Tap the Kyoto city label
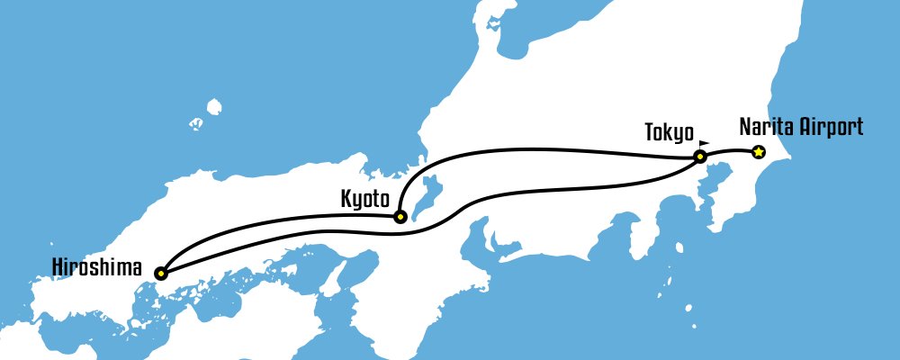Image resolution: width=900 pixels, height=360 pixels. [364, 196]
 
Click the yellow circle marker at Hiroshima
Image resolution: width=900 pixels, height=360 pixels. [160, 273]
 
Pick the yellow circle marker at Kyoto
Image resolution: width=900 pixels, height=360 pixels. [400, 216]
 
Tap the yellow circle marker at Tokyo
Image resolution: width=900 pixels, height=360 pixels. [699, 157]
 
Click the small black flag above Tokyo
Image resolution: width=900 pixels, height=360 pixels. [704, 142]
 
